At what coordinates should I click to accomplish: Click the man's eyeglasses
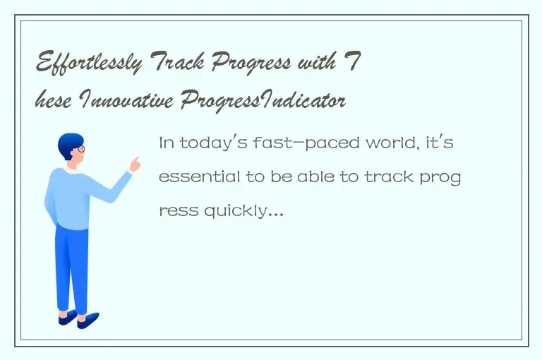click(80, 149)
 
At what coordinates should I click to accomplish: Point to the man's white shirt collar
click(71, 171)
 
